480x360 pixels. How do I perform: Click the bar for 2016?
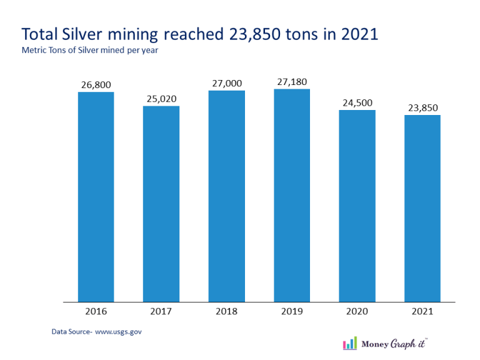click(x=96, y=197)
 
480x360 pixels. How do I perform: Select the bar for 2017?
click(x=161, y=204)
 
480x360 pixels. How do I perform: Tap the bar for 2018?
click(x=226, y=196)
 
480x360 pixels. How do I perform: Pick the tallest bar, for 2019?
click(x=292, y=196)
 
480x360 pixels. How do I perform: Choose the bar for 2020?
click(x=357, y=206)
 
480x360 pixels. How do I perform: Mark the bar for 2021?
click(x=422, y=208)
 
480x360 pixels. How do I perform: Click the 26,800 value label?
click(x=96, y=84)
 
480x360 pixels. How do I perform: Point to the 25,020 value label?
click(x=161, y=98)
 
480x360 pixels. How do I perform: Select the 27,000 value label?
click(x=226, y=83)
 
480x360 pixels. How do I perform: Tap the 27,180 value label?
click(x=292, y=82)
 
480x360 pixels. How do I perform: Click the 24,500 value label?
click(x=357, y=102)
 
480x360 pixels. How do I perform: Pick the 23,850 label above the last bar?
click(x=422, y=107)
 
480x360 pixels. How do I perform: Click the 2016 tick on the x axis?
click(x=96, y=310)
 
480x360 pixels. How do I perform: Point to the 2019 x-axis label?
click(x=292, y=310)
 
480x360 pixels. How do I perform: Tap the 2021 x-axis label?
click(x=422, y=310)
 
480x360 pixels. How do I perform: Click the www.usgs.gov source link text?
click(x=118, y=331)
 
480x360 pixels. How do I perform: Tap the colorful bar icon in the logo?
click(x=350, y=343)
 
